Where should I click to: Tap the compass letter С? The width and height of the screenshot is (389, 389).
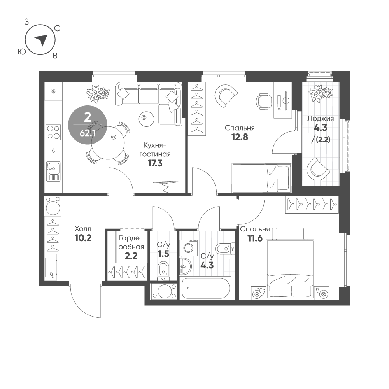[57, 28]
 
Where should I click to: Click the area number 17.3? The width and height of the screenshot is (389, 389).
[155, 163]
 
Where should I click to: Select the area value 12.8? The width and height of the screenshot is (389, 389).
[240, 137]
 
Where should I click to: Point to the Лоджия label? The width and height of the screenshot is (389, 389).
[321, 119]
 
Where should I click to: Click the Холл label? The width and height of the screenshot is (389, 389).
[83, 228]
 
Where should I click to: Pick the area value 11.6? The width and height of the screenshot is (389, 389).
[255, 238]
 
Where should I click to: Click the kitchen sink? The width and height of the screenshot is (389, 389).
[53, 172]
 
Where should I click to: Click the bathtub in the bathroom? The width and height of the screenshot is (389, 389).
[206, 288]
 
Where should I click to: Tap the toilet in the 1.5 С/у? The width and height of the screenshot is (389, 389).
[163, 270]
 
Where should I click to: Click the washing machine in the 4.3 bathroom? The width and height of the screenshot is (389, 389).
[189, 247]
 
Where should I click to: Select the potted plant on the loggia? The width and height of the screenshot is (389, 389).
[320, 93]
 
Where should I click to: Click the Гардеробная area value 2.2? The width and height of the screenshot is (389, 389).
[131, 256]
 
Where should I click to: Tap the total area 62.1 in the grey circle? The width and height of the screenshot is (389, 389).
[88, 133]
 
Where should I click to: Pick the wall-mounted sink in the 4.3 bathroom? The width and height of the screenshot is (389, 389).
[185, 266]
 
